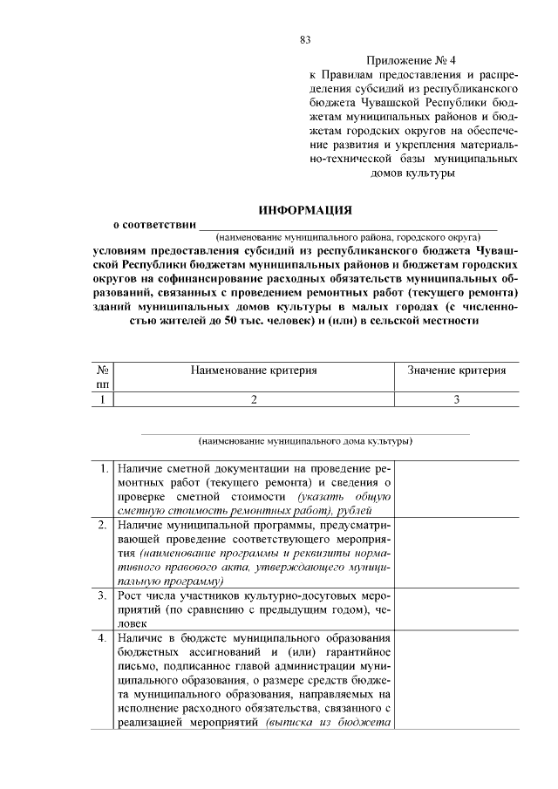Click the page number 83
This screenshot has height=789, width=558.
(x=305, y=40)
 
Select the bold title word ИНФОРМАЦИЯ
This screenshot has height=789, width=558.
(x=304, y=210)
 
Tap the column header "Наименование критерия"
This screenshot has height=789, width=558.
(x=254, y=370)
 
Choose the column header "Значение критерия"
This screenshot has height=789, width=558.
(x=456, y=370)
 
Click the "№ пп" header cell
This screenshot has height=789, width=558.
(x=103, y=377)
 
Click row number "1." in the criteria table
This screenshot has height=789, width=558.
(x=104, y=468)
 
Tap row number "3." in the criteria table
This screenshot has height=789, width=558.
(x=103, y=595)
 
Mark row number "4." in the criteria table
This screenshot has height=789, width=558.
(x=103, y=638)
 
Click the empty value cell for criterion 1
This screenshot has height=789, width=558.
(x=456, y=488)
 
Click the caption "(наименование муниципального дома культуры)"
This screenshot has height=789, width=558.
(x=305, y=441)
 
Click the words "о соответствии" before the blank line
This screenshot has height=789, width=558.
(x=148, y=224)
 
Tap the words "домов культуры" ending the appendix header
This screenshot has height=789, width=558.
(x=413, y=173)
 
